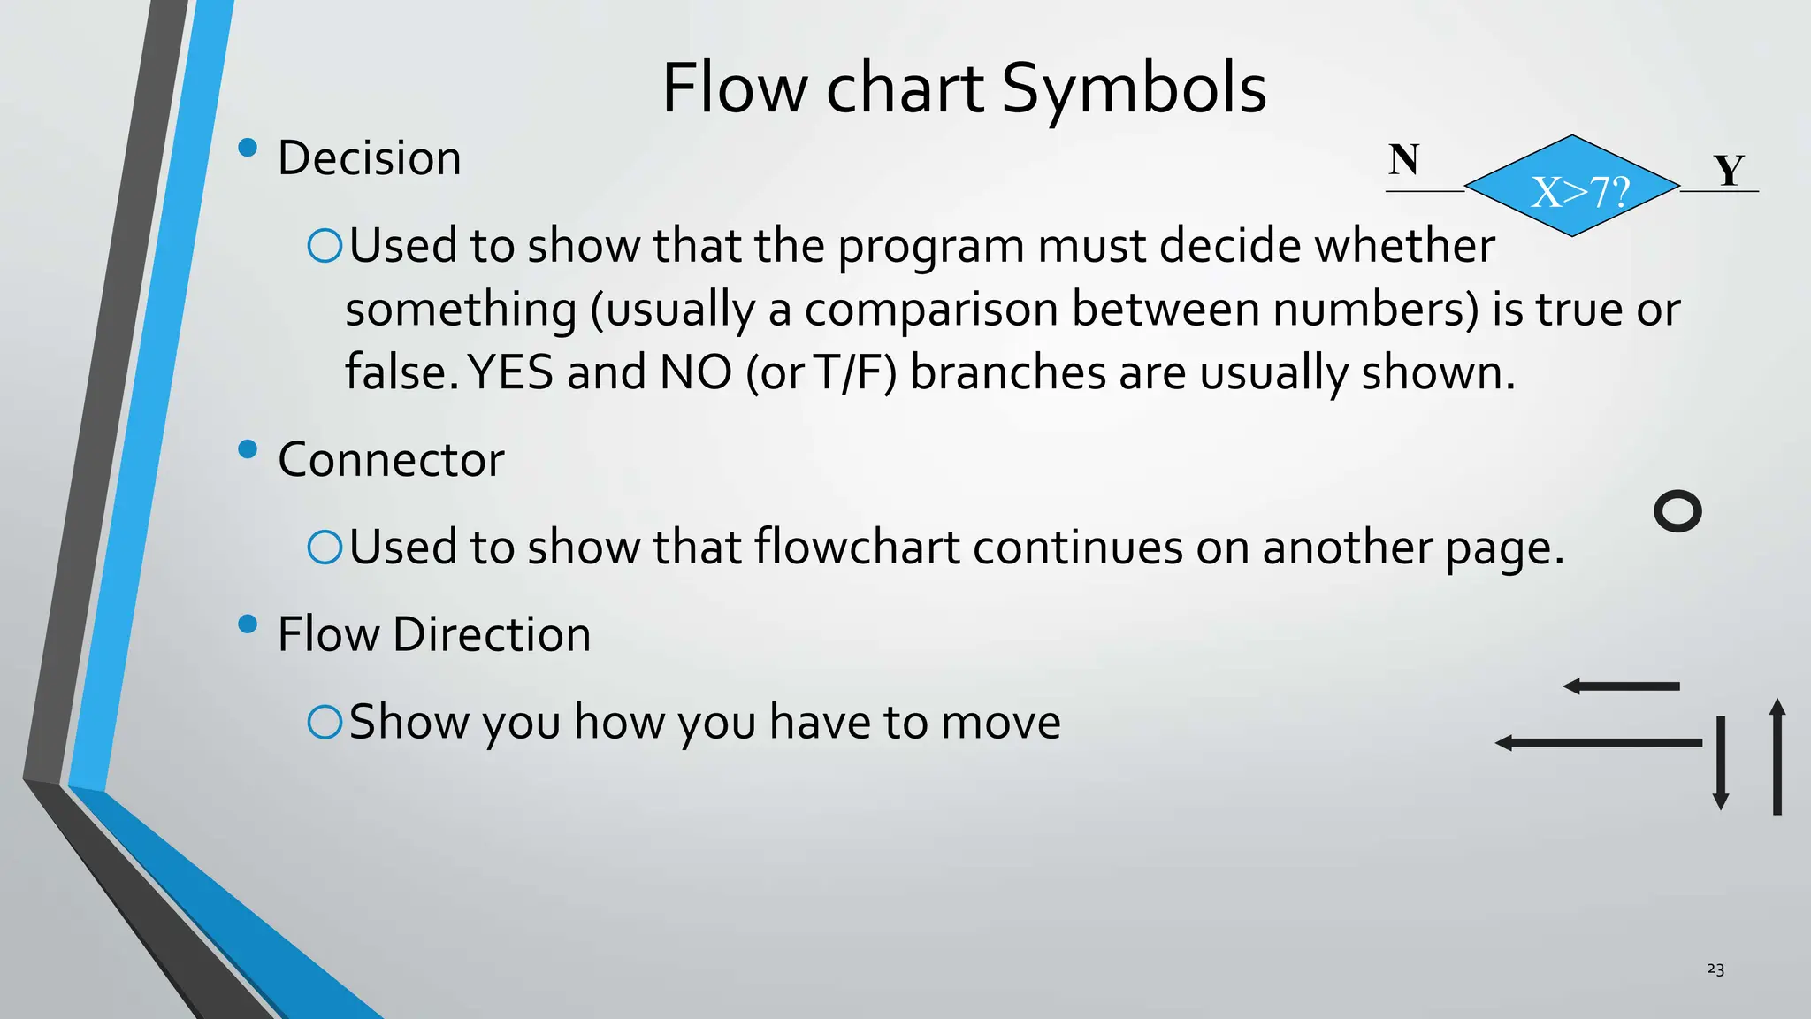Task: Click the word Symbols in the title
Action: (x=1134, y=89)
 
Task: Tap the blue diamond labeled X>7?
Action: (x=1572, y=187)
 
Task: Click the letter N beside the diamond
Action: (x=1403, y=161)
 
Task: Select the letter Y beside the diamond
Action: (x=1729, y=171)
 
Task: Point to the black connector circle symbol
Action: (x=1677, y=511)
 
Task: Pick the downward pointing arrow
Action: (x=1721, y=762)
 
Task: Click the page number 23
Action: (x=1715, y=969)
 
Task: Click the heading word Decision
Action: (x=370, y=159)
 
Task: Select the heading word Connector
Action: (x=391, y=460)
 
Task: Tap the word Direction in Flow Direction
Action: (x=492, y=635)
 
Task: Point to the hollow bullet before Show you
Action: (x=325, y=723)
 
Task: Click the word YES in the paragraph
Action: (x=510, y=372)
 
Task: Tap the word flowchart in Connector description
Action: (x=857, y=548)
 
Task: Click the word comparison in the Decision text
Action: (x=931, y=310)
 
